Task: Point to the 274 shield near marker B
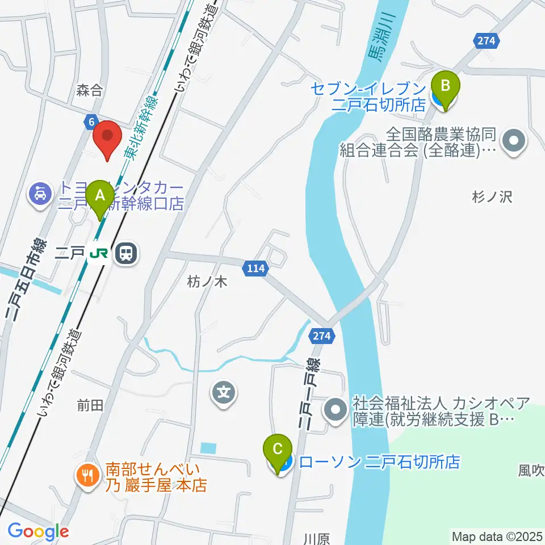click(487, 41)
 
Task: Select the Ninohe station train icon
click(125, 253)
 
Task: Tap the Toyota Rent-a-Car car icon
click(40, 195)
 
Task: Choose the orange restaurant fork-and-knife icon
click(87, 475)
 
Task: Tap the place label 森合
click(90, 89)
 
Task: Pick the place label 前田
click(90, 405)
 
